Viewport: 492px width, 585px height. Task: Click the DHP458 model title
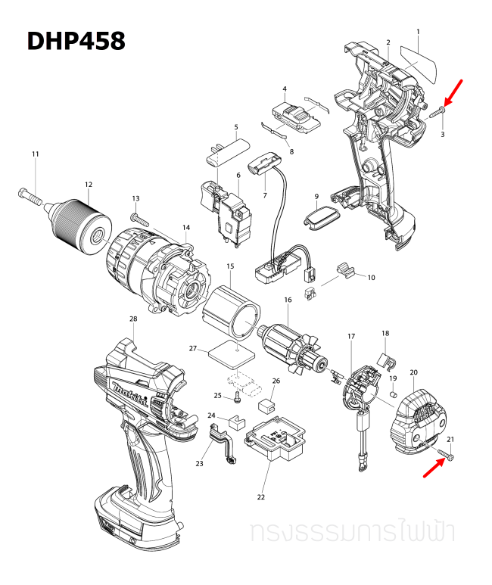coord(76,40)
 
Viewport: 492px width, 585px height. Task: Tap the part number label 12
coord(89,185)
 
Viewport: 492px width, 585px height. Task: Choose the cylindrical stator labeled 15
coord(234,313)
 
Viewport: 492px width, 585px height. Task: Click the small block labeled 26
coord(266,403)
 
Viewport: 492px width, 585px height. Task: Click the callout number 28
coord(133,319)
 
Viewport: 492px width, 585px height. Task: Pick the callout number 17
coord(351,335)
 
